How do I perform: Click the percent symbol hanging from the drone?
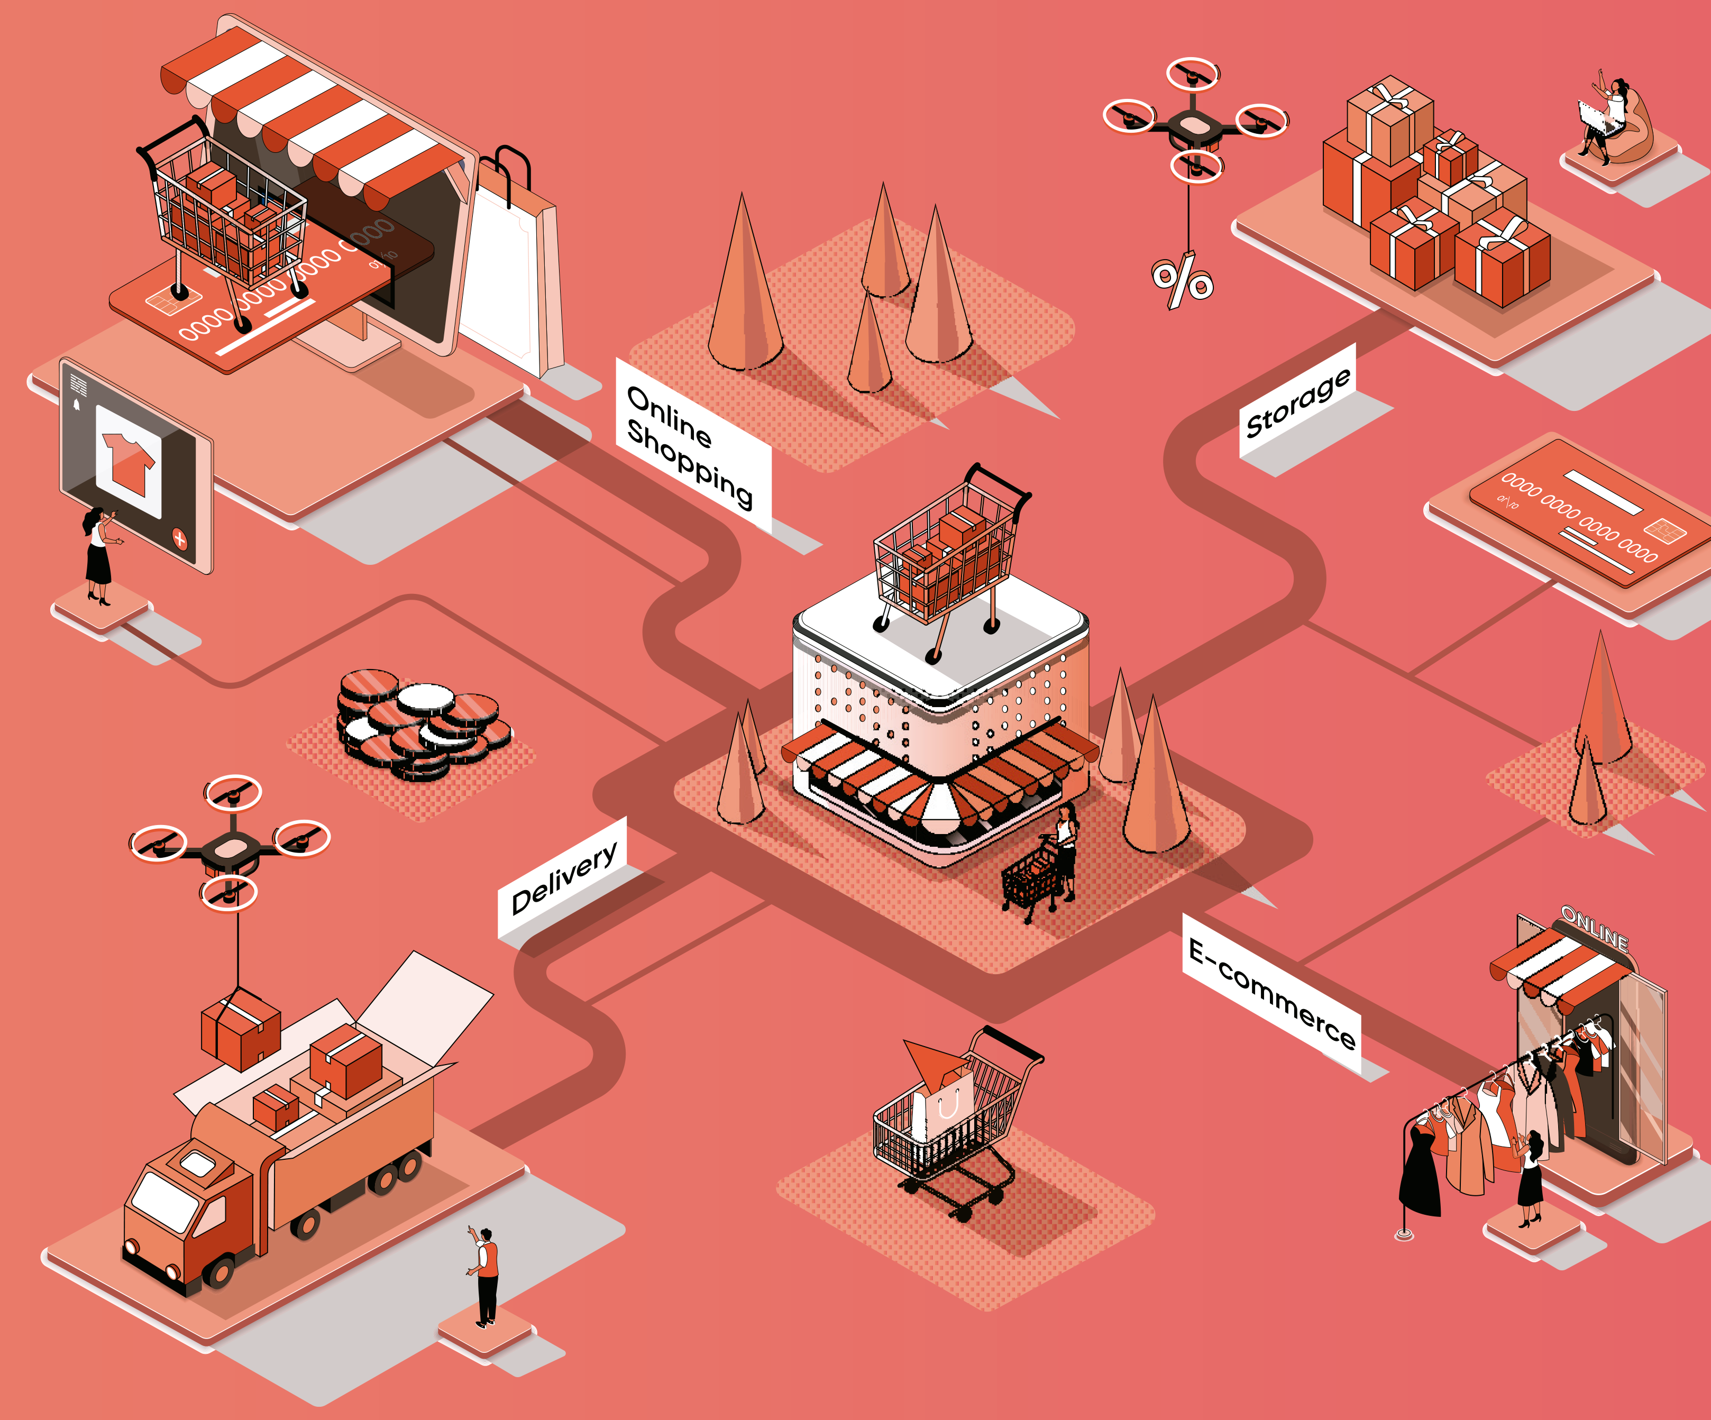pyautogui.click(x=1182, y=279)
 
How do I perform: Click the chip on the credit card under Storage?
pyautogui.click(x=1664, y=531)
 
